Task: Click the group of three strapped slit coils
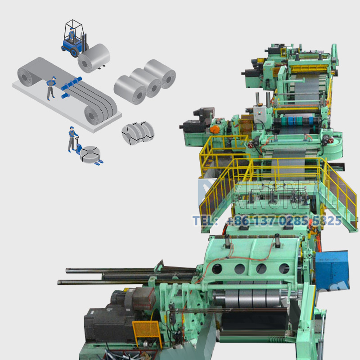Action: tap(137, 132)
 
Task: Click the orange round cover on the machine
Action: tap(215, 129)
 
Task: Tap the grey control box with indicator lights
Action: tap(260, 112)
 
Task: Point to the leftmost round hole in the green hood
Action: tap(217, 269)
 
